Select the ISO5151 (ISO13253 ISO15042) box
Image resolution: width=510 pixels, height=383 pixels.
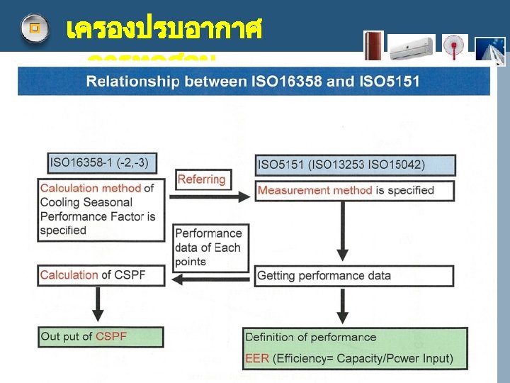(x=355, y=165)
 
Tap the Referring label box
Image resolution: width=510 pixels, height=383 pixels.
(x=201, y=180)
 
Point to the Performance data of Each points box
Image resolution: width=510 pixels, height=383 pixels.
(x=210, y=248)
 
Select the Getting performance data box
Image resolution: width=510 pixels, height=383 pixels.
(x=354, y=276)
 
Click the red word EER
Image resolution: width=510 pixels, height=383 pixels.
(x=257, y=358)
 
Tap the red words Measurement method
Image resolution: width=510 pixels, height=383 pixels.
(x=314, y=190)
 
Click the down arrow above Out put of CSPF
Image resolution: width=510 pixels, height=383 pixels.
(x=98, y=305)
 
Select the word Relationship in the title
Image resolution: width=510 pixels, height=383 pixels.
(x=130, y=81)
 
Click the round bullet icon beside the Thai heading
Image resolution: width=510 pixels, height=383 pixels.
(x=34, y=29)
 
